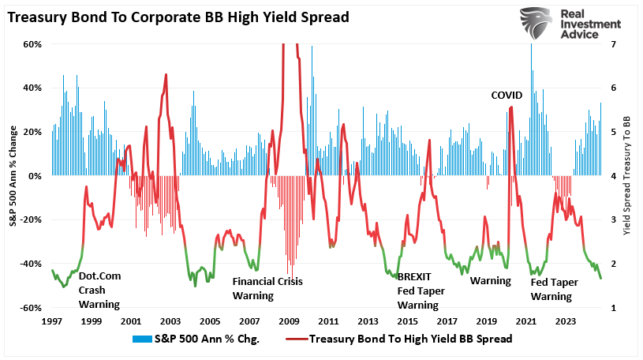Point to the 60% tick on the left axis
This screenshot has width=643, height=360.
point(31,44)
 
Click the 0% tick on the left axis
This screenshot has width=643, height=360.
point(34,176)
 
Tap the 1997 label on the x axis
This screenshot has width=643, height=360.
point(51,322)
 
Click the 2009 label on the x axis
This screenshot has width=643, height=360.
point(289,322)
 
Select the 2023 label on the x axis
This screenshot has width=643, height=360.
point(566,322)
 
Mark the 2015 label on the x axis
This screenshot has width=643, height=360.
point(407,322)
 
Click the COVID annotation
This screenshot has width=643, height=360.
point(507,95)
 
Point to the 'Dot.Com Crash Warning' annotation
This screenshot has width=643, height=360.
point(99,290)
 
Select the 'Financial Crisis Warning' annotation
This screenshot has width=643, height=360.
point(267,288)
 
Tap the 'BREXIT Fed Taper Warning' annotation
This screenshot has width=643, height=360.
point(421,291)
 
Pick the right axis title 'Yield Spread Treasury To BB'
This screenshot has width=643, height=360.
point(627,176)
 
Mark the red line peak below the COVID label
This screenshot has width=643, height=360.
point(511,107)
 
